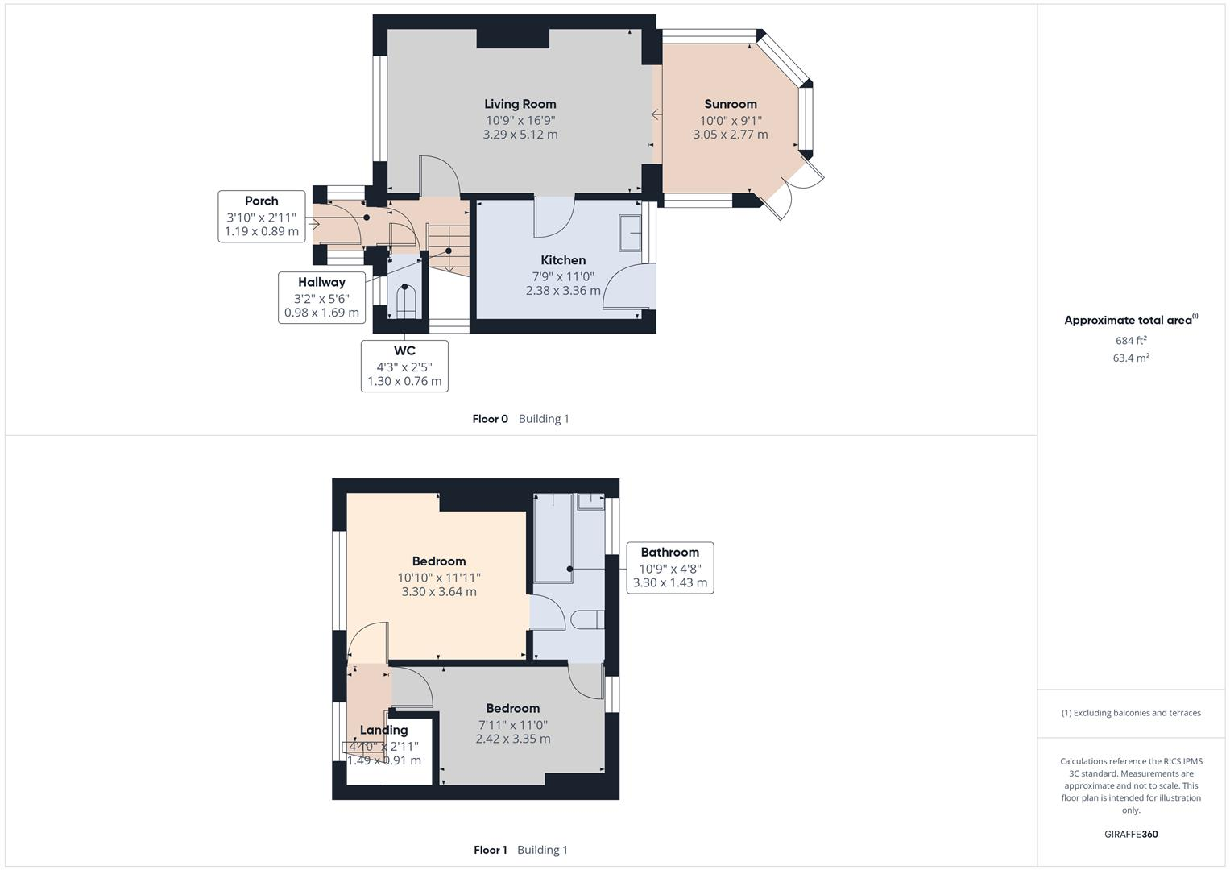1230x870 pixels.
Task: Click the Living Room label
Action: click(x=520, y=104)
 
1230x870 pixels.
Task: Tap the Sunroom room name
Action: click(x=730, y=104)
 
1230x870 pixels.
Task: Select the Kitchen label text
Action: click(x=563, y=260)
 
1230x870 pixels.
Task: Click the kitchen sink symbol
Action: click(x=630, y=234)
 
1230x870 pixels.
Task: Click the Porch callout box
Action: click(x=262, y=216)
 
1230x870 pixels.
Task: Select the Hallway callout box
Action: click(x=321, y=297)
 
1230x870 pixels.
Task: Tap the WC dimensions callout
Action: click(x=404, y=366)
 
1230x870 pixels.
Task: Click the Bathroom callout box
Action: click(x=669, y=567)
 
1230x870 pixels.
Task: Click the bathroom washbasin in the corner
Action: click(x=590, y=501)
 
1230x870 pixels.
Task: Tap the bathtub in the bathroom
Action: click(x=553, y=537)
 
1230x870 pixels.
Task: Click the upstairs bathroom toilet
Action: click(x=587, y=619)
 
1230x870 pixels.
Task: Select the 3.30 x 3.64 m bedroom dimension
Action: click(x=439, y=592)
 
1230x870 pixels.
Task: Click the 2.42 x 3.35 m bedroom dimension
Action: click(x=512, y=739)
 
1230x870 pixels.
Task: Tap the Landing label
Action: click(x=383, y=730)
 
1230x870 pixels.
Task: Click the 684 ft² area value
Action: click(x=1130, y=341)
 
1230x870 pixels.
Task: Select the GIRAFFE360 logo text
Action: click(x=1130, y=834)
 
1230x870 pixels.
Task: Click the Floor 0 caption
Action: click(x=490, y=419)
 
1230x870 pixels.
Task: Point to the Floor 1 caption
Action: click(x=490, y=850)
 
